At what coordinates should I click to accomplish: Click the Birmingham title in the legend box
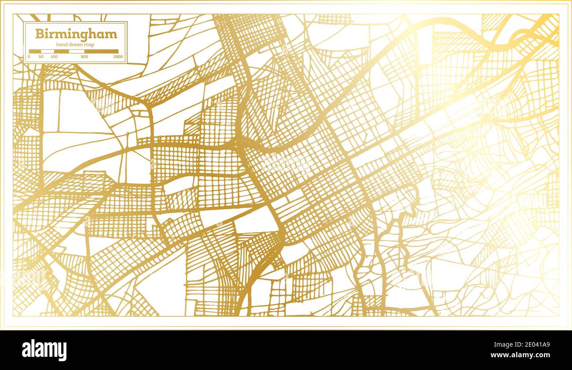coord(76,34)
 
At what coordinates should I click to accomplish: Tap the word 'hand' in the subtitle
coord(62,45)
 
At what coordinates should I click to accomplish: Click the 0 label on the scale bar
coord(29,57)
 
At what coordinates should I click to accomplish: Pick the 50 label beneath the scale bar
coord(40,57)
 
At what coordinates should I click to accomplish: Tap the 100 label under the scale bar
coord(54,57)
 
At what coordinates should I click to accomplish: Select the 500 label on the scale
coord(84,57)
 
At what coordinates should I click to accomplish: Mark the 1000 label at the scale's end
coord(117,57)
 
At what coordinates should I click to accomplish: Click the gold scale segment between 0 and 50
coord(35,52)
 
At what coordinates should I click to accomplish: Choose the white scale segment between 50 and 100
coord(47,52)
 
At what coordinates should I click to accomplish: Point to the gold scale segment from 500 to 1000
coord(101,52)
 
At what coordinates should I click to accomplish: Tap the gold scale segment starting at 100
coord(62,52)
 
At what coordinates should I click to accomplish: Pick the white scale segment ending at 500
coord(77,52)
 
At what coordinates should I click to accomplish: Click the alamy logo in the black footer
coord(44,351)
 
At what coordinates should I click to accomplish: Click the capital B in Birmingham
coord(39,34)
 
